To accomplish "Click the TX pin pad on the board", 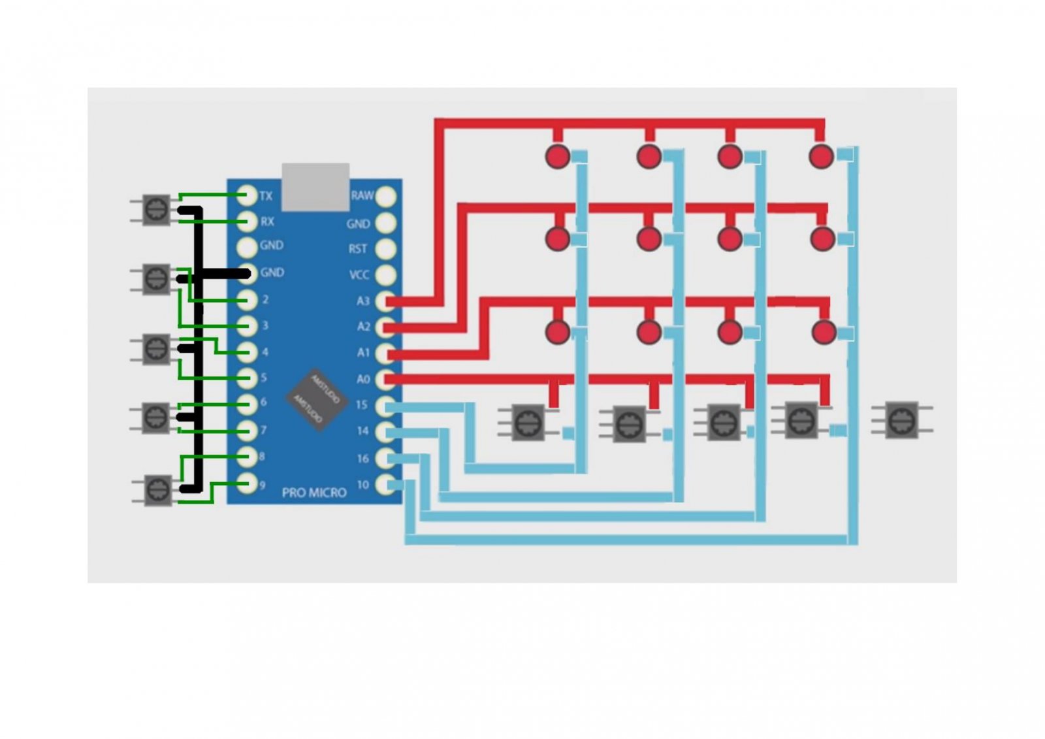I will pos(247,195).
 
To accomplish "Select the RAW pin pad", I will pos(386,196).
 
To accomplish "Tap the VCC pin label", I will pos(359,275).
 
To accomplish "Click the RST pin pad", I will pos(386,249).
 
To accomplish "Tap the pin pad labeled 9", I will pos(247,484).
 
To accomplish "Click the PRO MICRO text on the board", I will pos(314,493).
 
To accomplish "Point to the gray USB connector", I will pos(315,186).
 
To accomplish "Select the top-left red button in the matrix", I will pos(558,156).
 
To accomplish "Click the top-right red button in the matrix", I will pos(821,156).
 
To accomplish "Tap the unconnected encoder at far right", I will pos(902,419).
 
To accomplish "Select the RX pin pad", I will pos(247,221).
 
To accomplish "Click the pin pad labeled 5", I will pos(247,378).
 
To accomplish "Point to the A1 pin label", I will pos(363,353).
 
